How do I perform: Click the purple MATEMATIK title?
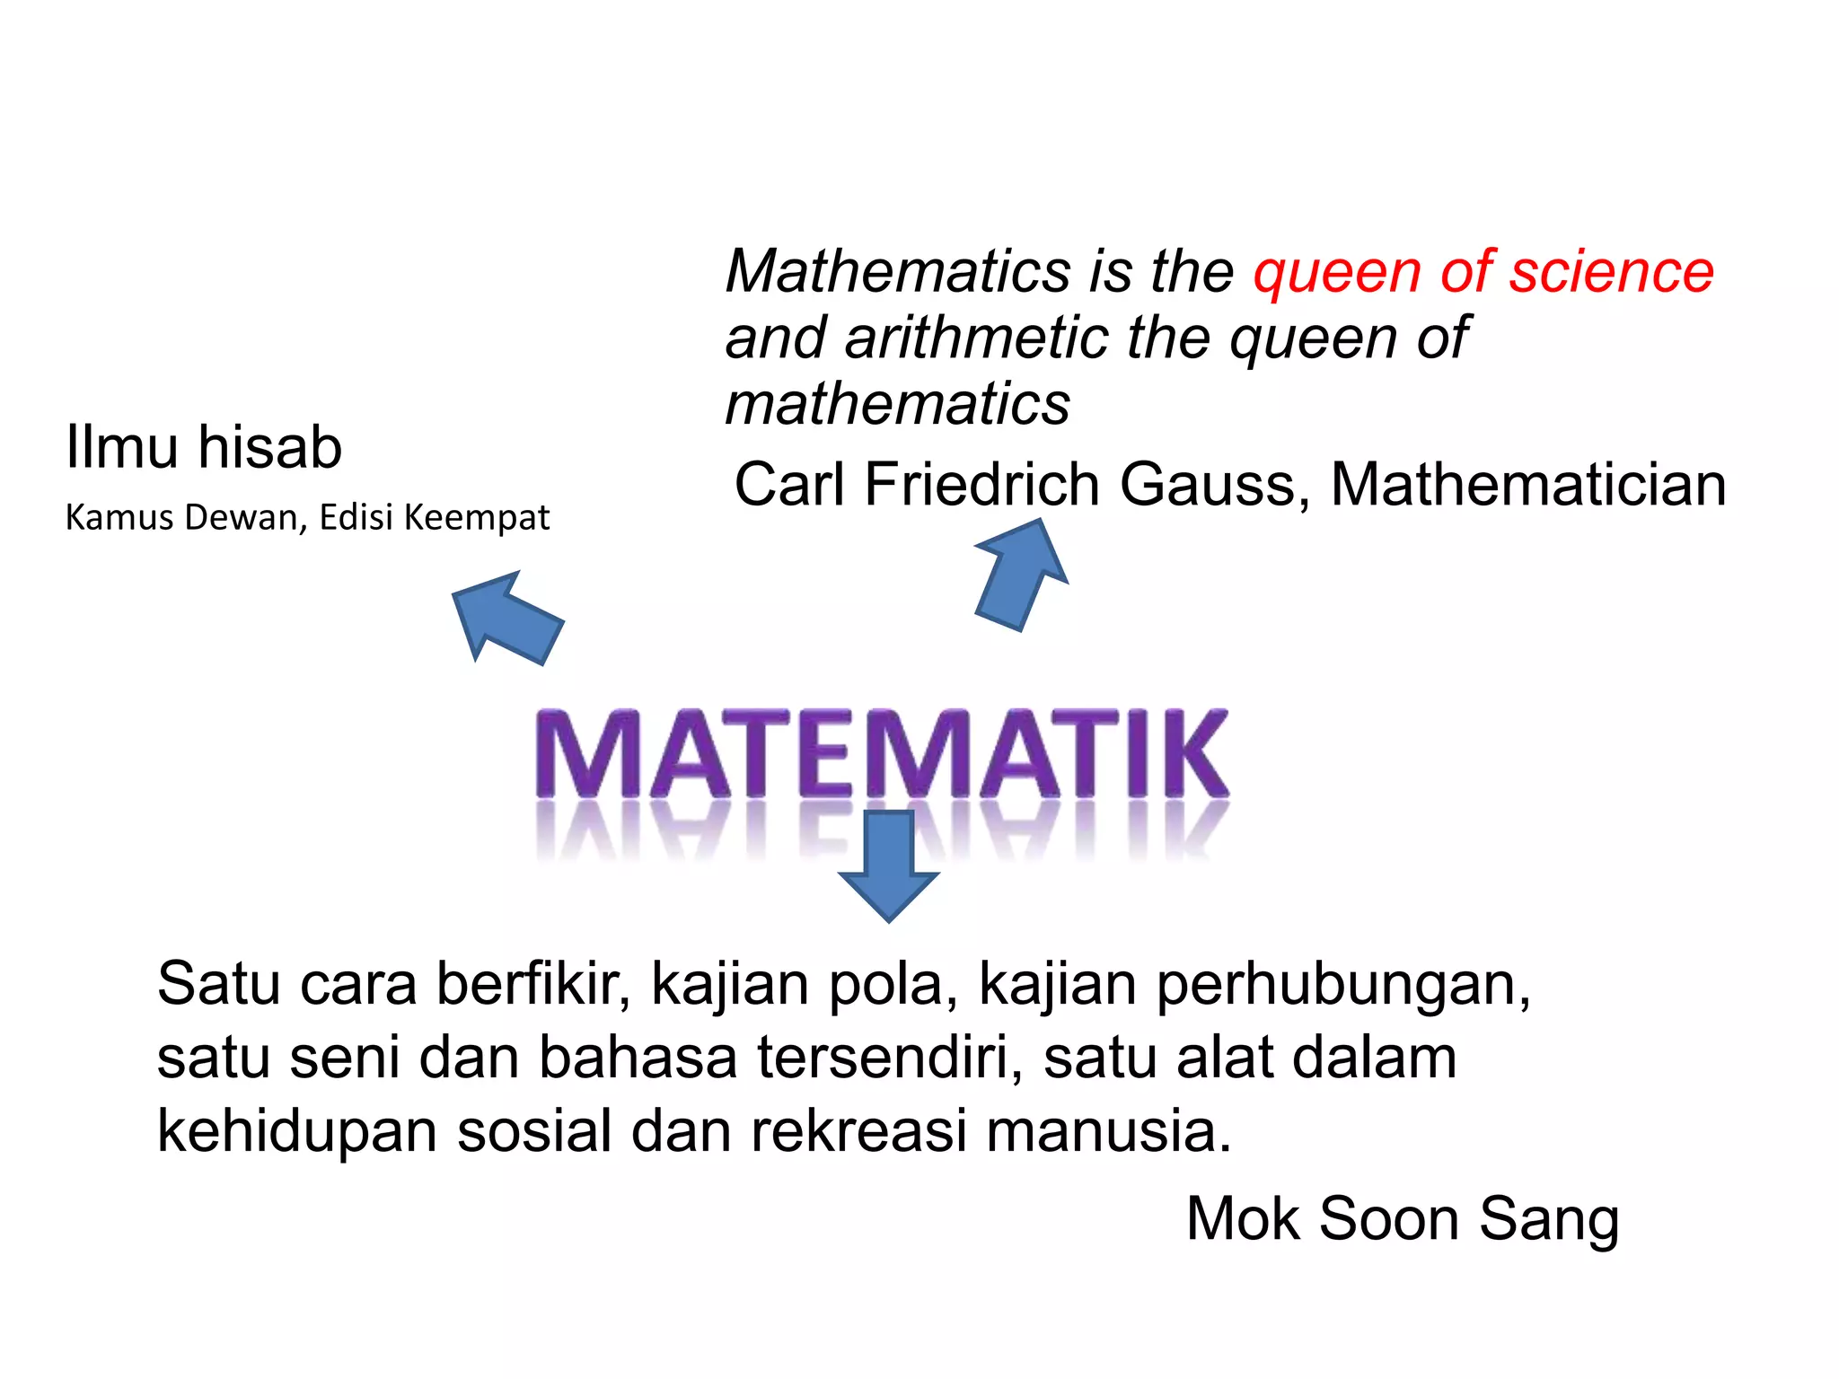click(882, 754)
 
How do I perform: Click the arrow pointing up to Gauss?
click(1022, 575)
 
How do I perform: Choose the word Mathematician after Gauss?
click(1528, 485)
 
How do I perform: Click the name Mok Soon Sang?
click(1403, 1219)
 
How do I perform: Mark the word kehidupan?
click(296, 1131)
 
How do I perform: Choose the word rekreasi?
click(858, 1131)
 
